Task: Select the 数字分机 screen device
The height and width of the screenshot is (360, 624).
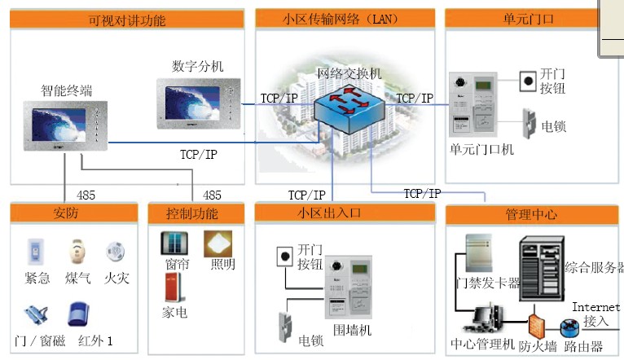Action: tap(199, 103)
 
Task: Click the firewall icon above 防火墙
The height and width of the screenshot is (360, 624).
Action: tap(537, 326)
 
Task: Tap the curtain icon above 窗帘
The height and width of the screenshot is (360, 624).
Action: tap(172, 244)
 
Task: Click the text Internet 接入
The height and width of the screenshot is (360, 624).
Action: tap(595, 314)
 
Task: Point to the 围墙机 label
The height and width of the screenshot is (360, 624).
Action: tap(354, 329)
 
